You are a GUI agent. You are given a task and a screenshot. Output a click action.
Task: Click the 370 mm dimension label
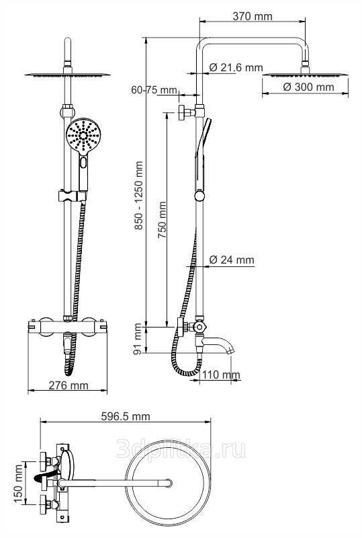click(x=253, y=16)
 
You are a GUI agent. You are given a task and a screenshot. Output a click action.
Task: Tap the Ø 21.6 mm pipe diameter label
click(x=236, y=67)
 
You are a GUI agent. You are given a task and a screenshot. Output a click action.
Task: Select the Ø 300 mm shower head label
click(x=308, y=87)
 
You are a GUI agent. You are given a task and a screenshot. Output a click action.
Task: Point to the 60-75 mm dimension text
click(x=154, y=90)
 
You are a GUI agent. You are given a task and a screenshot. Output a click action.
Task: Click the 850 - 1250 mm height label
click(x=138, y=196)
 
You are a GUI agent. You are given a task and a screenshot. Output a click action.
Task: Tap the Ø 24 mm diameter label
click(x=232, y=260)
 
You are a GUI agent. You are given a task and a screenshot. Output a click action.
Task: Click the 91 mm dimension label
click(x=138, y=339)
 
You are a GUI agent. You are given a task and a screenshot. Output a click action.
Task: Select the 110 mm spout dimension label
click(x=221, y=375)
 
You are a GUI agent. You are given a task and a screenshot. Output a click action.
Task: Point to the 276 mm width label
click(x=69, y=385)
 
